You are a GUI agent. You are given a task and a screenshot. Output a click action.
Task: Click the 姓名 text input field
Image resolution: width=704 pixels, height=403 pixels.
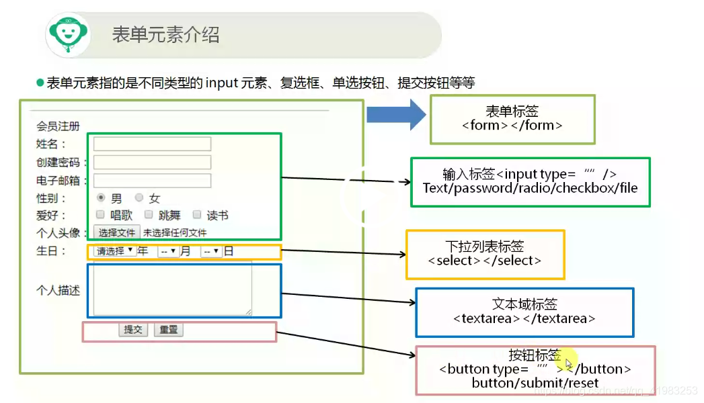point(152,144)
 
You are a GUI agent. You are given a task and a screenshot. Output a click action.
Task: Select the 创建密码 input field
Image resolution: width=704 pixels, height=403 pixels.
point(152,162)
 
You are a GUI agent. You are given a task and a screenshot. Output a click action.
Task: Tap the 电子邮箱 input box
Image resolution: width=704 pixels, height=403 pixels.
point(152,180)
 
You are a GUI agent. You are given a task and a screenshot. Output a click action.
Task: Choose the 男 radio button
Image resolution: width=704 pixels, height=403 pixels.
point(101,198)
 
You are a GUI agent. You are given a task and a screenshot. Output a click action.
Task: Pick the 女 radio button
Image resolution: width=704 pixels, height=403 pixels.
point(139,198)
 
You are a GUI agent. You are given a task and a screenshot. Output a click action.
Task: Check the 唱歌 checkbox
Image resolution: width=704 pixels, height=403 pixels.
point(100,215)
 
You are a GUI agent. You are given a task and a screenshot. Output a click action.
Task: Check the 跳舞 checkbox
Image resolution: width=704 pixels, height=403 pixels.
point(149,215)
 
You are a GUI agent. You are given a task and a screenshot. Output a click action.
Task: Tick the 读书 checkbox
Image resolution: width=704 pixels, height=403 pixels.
point(197,215)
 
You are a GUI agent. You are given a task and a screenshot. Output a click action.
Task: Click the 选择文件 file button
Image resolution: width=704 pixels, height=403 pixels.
point(117,233)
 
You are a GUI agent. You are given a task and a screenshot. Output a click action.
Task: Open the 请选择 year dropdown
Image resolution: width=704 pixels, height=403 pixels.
point(114,251)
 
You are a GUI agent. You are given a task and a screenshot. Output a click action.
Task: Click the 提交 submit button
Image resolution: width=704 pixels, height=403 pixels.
point(133,330)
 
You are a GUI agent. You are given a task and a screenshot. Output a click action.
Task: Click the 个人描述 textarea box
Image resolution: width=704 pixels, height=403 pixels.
point(172,289)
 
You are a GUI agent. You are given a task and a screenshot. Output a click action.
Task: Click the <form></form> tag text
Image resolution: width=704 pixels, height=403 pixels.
point(512,126)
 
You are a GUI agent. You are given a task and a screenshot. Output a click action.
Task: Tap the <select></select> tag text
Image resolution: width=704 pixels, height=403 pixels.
point(484,261)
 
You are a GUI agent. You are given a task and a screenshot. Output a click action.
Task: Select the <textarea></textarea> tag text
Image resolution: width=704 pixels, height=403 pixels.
point(524,318)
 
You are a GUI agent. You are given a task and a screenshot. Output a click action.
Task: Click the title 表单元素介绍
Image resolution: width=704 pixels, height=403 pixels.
point(165,35)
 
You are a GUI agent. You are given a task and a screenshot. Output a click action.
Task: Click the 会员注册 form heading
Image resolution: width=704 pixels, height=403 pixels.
point(58,126)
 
